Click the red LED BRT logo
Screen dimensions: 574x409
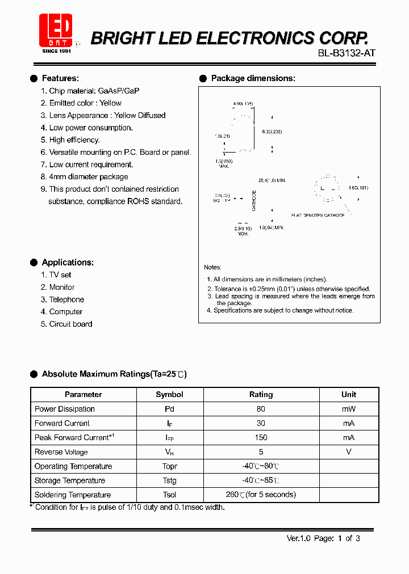(55, 29)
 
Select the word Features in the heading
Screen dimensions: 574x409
(60, 78)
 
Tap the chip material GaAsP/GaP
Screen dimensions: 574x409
(119, 91)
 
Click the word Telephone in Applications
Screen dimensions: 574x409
(66, 299)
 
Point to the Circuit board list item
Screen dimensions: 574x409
(70, 324)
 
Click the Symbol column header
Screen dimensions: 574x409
(169, 395)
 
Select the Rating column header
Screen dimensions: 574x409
(261, 395)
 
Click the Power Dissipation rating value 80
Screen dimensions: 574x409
(261, 409)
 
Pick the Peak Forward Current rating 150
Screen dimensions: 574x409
(261, 437)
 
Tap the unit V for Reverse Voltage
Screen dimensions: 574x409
(349, 451)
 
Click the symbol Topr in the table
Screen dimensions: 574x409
(169, 466)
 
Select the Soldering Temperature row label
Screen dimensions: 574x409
(73, 495)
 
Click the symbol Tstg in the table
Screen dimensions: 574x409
(169, 480)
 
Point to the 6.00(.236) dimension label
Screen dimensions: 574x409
(272, 131)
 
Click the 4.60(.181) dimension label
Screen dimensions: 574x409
(358, 188)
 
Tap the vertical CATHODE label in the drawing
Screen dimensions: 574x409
(254, 200)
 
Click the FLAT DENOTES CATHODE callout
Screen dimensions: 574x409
(318, 216)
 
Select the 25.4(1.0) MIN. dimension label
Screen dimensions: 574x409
(272, 180)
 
